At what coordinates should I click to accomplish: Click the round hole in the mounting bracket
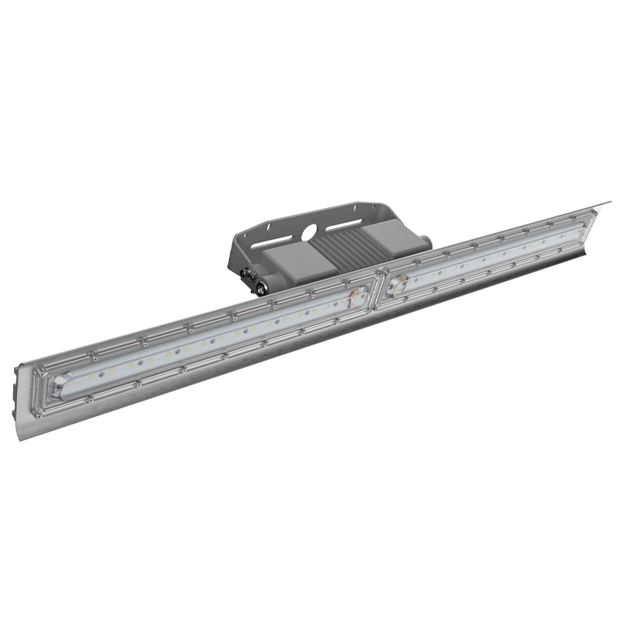(x=310, y=231)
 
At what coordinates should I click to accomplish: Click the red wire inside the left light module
(x=357, y=295)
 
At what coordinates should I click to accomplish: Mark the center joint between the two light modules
(x=380, y=288)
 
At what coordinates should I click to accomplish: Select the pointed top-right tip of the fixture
(x=609, y=203)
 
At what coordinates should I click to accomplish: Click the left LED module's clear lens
(x=210, y=342)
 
